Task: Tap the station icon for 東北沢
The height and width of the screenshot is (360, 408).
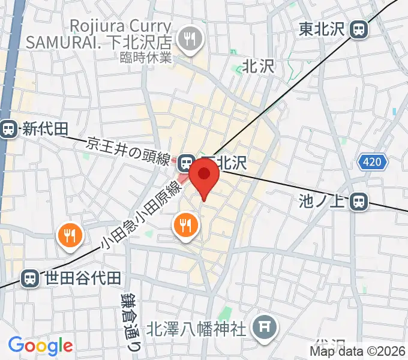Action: pyautogui.click(x=360, y=28)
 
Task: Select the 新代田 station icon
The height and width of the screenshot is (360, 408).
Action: pyautogui.click(x=8, y=128)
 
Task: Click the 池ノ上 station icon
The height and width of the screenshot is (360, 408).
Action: pyautogui.click(x=359, y=201)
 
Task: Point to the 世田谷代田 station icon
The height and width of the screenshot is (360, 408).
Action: pyautogui.click(x=28, y=278)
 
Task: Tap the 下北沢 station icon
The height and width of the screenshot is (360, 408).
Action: pyautogui.click(x=186, y=162)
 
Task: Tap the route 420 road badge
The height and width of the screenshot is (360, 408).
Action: pyautogui.click(x=374, y=162)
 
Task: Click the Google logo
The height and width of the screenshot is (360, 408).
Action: pyautogui.click(x=40, y=346)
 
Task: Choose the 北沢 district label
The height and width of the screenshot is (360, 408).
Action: pyautogui.click(x=258, y=66)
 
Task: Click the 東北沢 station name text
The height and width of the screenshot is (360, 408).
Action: pyautogui.click(x=323, y=28)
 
